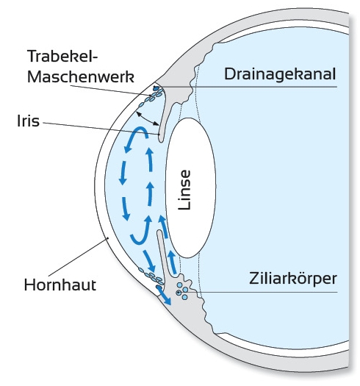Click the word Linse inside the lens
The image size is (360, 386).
[x=184, y=190]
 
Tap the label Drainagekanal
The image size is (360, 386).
[x=280, y=74]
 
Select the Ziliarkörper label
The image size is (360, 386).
[x=292, y=279]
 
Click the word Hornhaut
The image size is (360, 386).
[x=60, y=285]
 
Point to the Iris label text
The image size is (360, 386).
[x=29, y=121]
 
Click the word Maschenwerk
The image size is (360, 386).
[x=81, y=76]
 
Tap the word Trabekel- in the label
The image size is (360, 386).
[x=62, y=56]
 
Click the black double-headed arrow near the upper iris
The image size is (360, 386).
[x=148, y=118]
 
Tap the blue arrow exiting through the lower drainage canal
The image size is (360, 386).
[x=164, y=296]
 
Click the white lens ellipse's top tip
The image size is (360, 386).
[x=189, y=118]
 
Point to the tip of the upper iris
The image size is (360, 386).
[x=161, y=141]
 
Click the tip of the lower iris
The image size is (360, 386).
[x=159, y=231]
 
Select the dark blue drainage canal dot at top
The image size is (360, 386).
[x=156, y=88]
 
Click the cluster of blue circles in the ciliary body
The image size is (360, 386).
[x=182, y=291]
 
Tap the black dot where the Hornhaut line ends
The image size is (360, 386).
[x=107, y=238]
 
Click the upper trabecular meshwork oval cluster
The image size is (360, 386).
[x=151, y=97]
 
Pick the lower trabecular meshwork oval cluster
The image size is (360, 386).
[x=151, y=275]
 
